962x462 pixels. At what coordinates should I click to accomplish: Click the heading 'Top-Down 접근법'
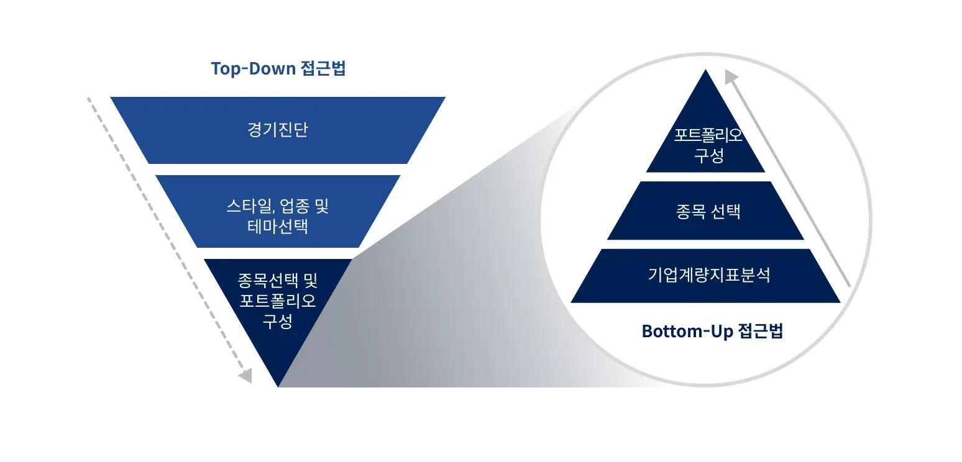pos(278,69)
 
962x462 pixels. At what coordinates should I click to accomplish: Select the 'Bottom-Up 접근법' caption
pos(712,331)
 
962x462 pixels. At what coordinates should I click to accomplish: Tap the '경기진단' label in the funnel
pos(277,130)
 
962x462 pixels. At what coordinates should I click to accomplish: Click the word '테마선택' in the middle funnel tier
pos(277,227)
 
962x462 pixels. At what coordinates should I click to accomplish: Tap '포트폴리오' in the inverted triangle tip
pos(277,301)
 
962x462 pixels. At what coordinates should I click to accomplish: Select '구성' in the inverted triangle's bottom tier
pos(277,321)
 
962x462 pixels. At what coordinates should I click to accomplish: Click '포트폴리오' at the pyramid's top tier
pos(708,135)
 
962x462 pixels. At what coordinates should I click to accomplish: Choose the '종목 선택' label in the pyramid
pos(708,211)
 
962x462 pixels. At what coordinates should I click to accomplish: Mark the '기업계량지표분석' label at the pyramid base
pos(709,274)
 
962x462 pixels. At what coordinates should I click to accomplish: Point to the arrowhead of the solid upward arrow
pos(731,77)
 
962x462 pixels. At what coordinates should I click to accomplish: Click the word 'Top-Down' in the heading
pos(254,69)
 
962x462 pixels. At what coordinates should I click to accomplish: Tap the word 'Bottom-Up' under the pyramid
pos(687,331)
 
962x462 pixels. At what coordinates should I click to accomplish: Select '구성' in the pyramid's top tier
pos(709,155)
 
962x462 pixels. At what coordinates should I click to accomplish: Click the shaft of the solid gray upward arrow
pos(790,183)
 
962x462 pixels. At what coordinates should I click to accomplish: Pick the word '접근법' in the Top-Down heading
pos(323,69)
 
